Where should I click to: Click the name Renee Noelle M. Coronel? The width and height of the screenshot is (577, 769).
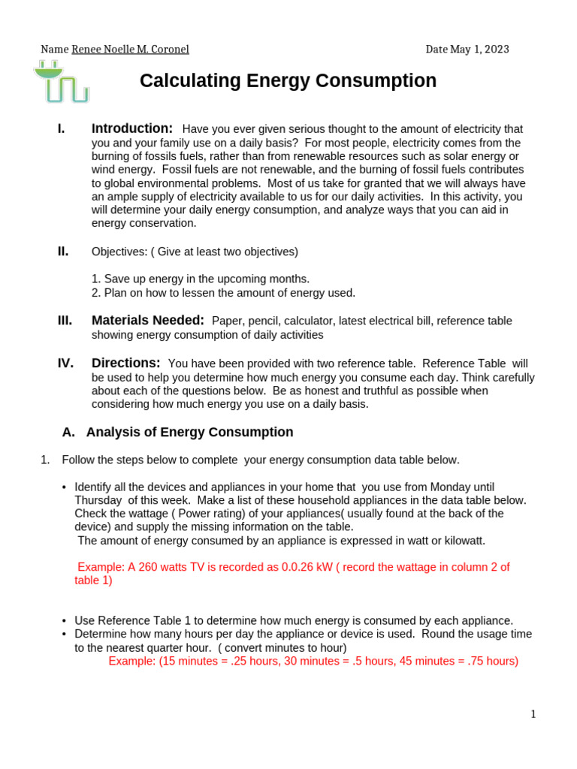(x=130, y=50)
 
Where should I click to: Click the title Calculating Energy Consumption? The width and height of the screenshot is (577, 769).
(x=288, y=81)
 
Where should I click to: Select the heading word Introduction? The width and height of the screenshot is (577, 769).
(x=132, y=128)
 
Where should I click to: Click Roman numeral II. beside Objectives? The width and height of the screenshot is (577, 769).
(x=64, y=251)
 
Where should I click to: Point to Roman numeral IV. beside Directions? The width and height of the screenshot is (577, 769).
(x=65, y=363)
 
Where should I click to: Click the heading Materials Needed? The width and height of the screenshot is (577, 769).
(x=148, y=321)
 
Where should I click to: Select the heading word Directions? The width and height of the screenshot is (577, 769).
(x=126, y=363)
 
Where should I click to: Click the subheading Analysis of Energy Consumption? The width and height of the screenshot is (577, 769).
(x=189, y=432)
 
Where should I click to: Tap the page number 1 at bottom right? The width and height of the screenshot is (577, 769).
(x=533, y=714)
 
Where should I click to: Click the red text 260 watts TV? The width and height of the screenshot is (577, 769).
(x=166, y=567)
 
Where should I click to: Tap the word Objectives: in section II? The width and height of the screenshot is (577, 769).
(x=117, y=252)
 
